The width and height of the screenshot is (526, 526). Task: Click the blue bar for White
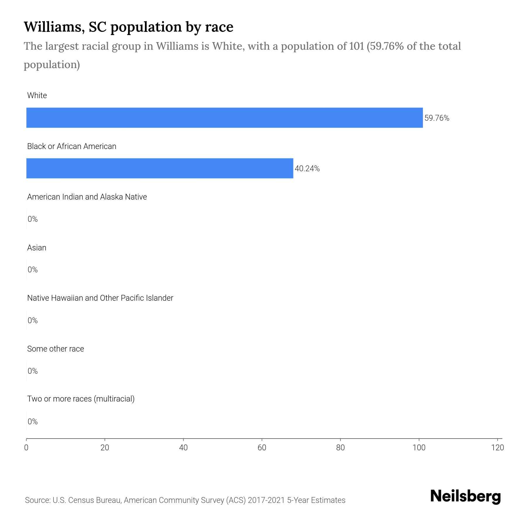(x=224, y=117)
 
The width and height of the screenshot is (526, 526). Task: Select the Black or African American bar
(x=160, y=168)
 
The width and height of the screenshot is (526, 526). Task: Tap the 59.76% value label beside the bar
(x=437, y=118)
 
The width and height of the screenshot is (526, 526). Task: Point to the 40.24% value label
(x=307, y=169)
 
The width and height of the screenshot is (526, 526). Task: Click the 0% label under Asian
(x=33, y=270)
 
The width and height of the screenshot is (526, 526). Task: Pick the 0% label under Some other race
(x=33, y=371)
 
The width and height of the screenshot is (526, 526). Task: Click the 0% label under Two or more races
(x=33, y=422)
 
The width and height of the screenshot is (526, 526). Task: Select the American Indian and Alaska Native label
(x=87, y=197)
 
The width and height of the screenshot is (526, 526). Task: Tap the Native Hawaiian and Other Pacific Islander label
(x=100, y=298)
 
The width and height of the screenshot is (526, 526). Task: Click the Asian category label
(x=37, y=248)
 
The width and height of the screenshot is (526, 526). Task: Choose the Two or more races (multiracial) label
(x=81, y=399)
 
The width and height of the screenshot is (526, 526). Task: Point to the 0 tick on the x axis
(x=26, y=448)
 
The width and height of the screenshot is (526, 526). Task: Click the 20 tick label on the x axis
(x=105, y=448)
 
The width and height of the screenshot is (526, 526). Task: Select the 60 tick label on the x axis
(x=262, y=448)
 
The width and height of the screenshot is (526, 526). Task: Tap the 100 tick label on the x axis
(x=419, y=448)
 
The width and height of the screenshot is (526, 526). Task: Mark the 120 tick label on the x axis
(x=497, y=448)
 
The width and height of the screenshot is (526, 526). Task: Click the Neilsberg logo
(x=466, y=496)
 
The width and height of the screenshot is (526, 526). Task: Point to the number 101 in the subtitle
(x=357, y=46)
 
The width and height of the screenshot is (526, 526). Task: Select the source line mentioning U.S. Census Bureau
(x=185, y=500)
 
